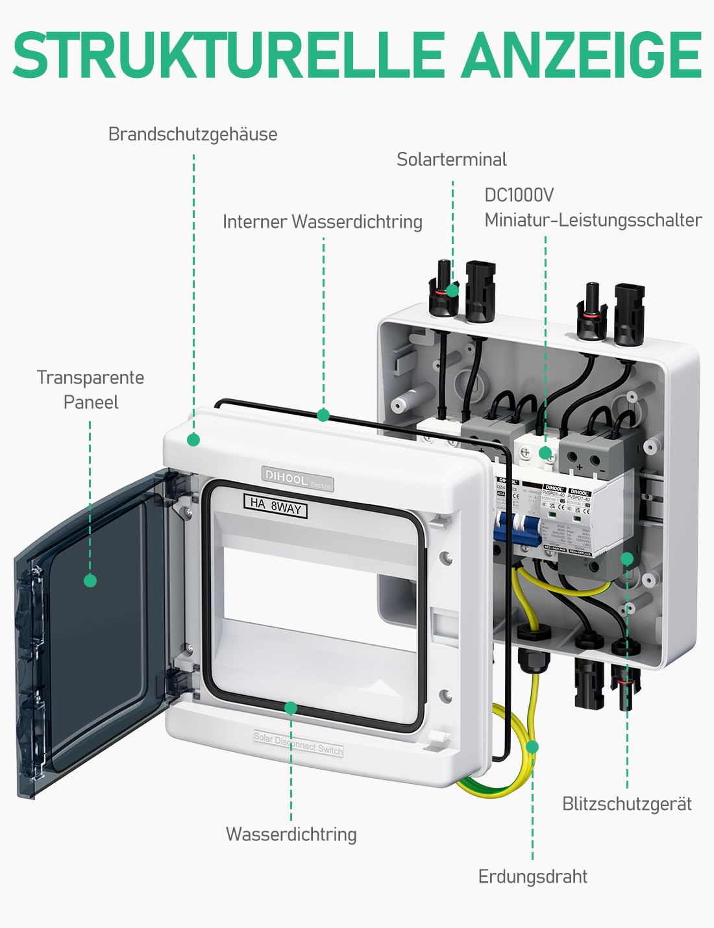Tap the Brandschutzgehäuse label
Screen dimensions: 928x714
coord(193,134)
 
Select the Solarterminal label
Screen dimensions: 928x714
coord(452,160)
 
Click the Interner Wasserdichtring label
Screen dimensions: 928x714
coord(323,222)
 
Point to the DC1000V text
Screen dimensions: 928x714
coord(519,195)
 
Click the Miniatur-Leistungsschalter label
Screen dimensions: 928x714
coord(593,221)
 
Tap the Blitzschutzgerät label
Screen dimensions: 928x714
coord(626,804)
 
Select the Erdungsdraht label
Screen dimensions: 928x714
coord(532,877)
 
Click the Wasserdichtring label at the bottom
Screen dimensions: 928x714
coord(291,835)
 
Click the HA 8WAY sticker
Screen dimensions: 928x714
coord(275,505)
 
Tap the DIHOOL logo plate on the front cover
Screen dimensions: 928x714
coord(297,478)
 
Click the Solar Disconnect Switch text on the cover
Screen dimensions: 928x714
coord(298,744)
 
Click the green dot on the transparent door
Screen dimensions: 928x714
coord(90,580)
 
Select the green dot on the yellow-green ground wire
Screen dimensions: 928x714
coord(532,747)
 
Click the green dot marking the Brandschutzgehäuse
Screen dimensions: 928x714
coord(193,440)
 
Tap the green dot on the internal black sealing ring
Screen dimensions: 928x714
coord(323,415)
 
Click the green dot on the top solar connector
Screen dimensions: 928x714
coord(452,290)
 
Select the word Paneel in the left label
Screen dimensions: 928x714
coord(91,402)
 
